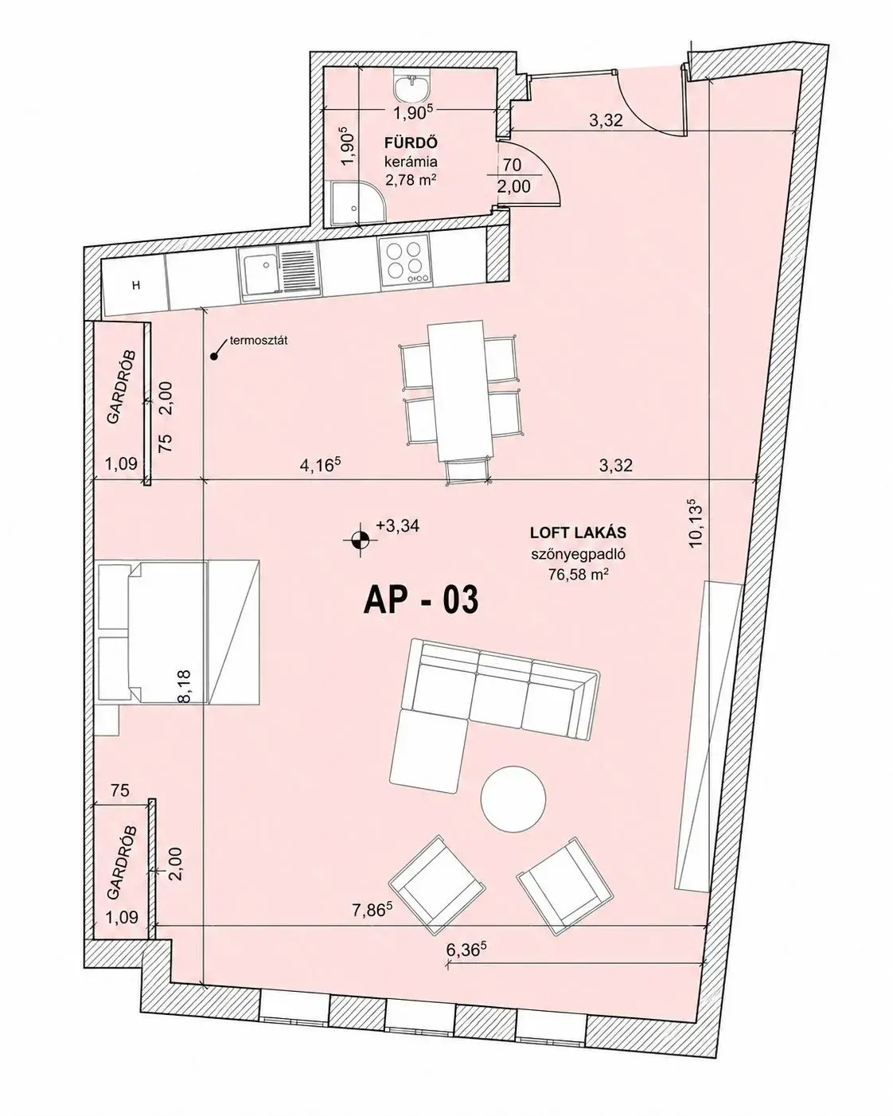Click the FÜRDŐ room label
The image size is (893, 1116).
pyautogui.click(x=411, y=142)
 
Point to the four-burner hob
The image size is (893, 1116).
pyautogui.click(x=405, y=261)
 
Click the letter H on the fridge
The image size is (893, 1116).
pyautogui.click(x=136, y=285)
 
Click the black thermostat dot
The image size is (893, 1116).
pyautogui.click(x=213, y=357)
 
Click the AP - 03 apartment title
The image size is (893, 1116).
pyautogui.click(x=420, y=600)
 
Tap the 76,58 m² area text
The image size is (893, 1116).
pyautogui.click(x=578, y=575)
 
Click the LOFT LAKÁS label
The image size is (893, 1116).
pyautogui.click(x=578, y=533)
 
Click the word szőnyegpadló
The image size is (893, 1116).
pyautogui.click(x=578, y=554)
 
